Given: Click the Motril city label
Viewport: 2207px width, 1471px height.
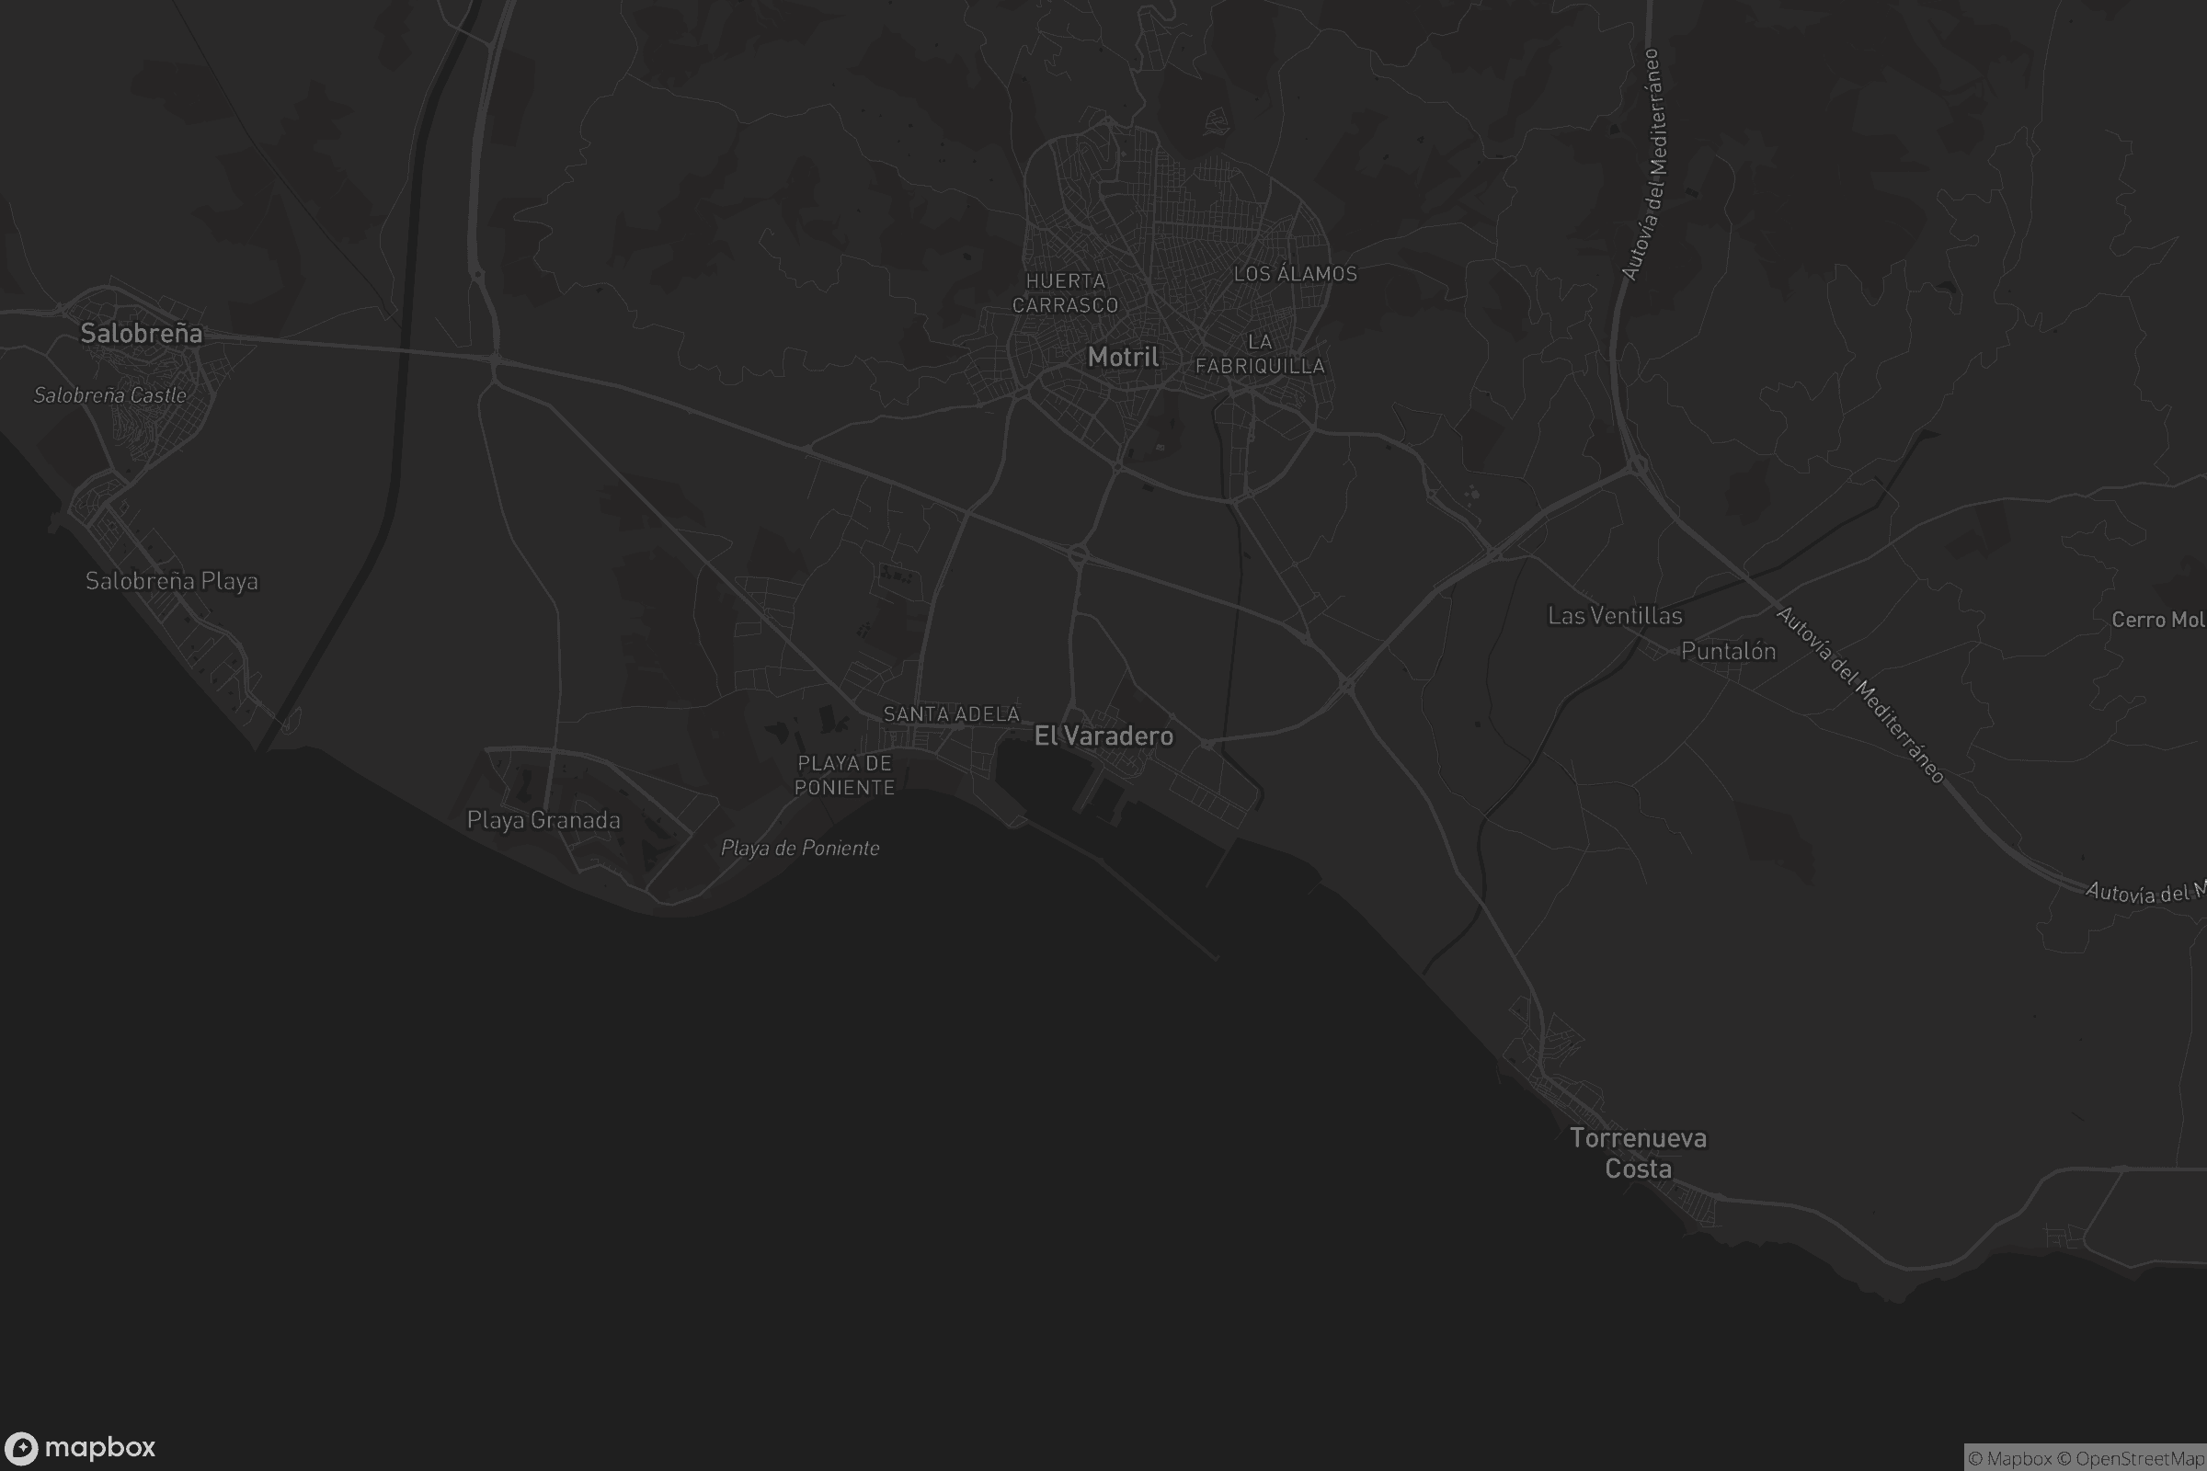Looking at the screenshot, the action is [x=1122, y=357].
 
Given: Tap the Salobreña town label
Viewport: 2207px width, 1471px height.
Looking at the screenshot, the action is [x=141, y=333].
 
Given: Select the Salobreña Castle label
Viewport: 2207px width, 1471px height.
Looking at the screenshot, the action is [x=109, y=395].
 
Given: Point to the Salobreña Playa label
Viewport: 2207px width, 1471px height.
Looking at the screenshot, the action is [x=172, y=581].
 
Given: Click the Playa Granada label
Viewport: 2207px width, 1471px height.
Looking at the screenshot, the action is [x=543, y=820].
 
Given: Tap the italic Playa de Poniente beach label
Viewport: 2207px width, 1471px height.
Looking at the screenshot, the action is [x=799, y=848].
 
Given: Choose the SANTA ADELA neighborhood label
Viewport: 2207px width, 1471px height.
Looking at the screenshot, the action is [x=951, y=714].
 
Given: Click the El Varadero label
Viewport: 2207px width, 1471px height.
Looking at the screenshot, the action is [x=1103, y=735].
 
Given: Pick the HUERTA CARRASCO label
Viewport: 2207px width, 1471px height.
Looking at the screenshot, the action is [x=1065, y=292].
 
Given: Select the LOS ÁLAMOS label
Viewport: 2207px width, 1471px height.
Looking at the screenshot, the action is [x=1295, y=274].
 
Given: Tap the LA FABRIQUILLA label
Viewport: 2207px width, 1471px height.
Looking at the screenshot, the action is [x=1259, y=354].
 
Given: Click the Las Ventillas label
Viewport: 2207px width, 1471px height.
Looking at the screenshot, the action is [x=1615, y=615].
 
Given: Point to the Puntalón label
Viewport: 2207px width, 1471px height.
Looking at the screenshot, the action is [x=1728, y=651].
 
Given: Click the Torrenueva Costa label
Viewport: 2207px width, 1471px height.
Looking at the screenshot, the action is [x=1638, y=1153].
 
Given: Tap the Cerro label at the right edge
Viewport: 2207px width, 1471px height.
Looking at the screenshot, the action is [x=2157, y=619].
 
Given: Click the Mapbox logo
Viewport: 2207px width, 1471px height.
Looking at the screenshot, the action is [x=80, y=1447].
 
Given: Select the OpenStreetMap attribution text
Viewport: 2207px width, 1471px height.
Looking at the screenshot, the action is [x=2140, y=1459].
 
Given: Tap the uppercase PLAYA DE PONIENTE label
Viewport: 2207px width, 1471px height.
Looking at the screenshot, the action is [x=844, y=775].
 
